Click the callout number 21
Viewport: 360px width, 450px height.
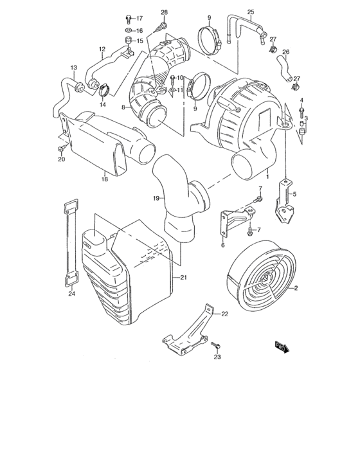click(x=183, y=277)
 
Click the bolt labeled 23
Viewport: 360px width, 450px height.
click(x=217, y=346)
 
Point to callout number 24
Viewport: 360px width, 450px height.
click(x=71, y=295)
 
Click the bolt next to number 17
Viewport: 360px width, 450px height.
click(x=128, y=17)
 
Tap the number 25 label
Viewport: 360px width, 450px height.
click(x=251, y=12)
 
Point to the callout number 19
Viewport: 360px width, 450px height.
click(x=156, y=199)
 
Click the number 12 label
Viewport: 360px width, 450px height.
click(x=102, y=49)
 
